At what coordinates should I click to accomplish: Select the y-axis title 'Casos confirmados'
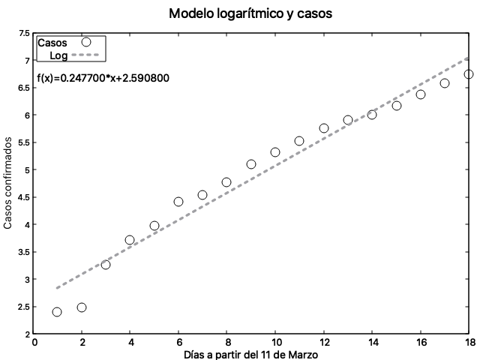8,183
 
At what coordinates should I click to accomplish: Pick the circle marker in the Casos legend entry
85,43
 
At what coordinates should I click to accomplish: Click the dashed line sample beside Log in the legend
85,55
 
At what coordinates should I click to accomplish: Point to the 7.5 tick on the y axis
24,33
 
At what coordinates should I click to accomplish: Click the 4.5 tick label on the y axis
24,197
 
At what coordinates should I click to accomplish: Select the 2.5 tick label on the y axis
24,307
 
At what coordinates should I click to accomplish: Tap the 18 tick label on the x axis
469,343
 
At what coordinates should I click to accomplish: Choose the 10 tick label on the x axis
275,343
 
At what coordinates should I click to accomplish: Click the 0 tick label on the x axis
34,343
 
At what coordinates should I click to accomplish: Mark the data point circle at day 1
57,312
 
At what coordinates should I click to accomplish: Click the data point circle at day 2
82,307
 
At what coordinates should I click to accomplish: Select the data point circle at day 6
178,202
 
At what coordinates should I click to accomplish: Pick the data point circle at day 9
251,164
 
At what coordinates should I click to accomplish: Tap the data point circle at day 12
324,128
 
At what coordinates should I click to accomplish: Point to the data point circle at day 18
469,74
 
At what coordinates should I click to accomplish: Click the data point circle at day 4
130,240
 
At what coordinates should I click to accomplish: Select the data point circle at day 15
397,106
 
